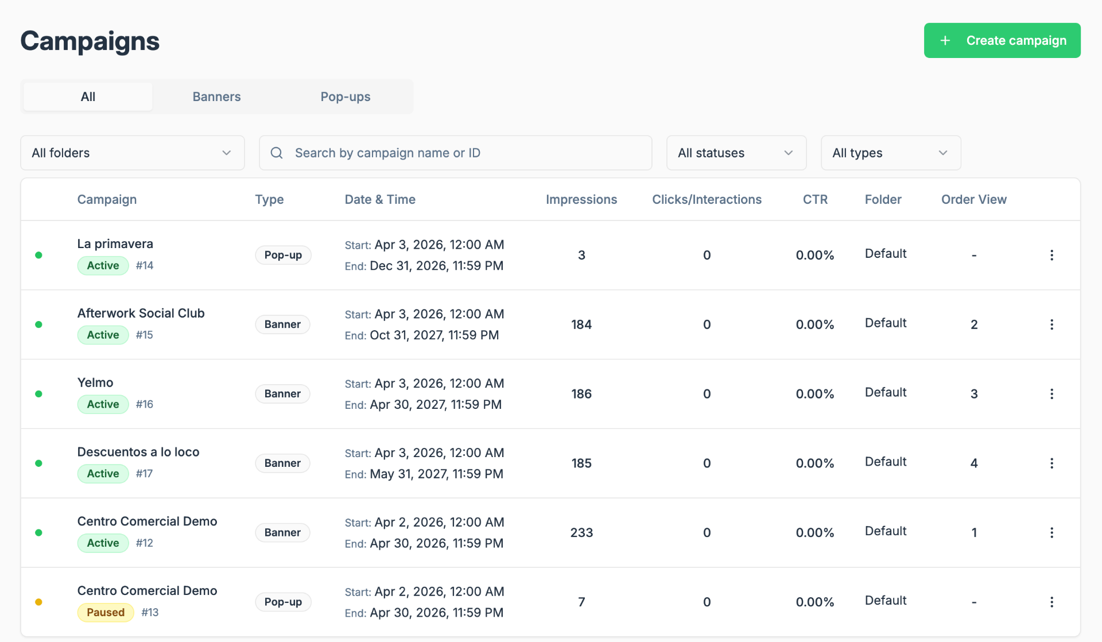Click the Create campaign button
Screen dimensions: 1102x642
coord(1002,40)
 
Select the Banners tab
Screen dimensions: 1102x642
coord(216,96)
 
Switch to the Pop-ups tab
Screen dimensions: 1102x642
coord(346,96)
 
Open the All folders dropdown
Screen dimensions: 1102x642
coord(133,153)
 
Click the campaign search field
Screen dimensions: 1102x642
coord(455,153)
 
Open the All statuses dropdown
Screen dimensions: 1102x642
coord(736,153)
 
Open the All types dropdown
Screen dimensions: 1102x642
coord(891,153)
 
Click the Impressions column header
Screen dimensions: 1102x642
coord(581,199)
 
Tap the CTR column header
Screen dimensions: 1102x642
coord(815,199)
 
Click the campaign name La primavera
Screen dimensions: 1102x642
coord(115,243)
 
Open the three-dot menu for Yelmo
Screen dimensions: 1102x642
coord(1051,394)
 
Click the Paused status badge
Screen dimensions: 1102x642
coord(106,612)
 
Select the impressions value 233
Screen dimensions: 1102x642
coord(581,532)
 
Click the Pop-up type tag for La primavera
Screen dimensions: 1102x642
coord(283,255)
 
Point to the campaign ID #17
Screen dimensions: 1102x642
coord(144,474)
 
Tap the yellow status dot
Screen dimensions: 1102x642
coord(38,602)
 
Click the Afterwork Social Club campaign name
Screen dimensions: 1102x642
coord(141,313)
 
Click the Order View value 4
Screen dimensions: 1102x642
coord(974,463)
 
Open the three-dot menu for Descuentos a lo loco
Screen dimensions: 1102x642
coord(1051,463)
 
